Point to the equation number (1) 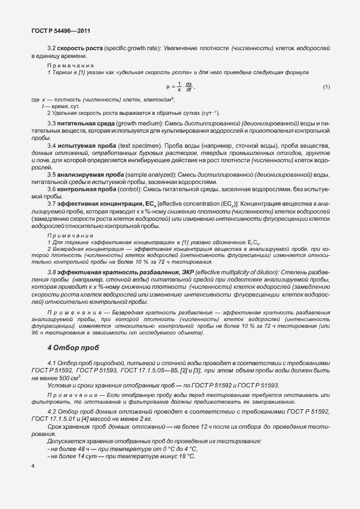(x=327, y=87)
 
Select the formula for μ (x=181, y=87)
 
